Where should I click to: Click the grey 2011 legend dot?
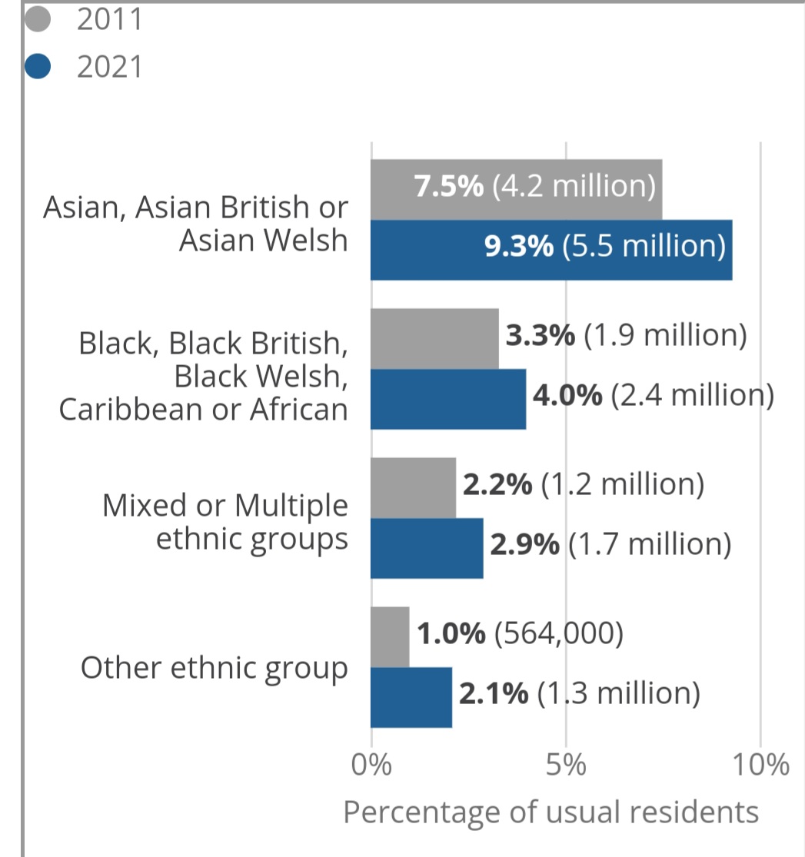point(38,19)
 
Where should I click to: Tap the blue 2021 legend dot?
point(38,66)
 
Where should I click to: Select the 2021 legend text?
point(109,67)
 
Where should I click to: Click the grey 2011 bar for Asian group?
point(516,190)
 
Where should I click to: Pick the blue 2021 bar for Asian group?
point(551,250)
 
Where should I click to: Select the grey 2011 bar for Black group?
point(434,339)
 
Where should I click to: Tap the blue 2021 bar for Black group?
point(448,399)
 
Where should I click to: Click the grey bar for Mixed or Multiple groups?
point(414,488)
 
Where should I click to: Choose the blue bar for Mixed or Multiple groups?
point(427,548)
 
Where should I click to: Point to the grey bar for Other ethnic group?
point(390,637)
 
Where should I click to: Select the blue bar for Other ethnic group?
point(411,697)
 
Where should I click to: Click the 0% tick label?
point(371,765)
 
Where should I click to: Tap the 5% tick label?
point(566,765)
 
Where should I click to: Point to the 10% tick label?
point(760,765)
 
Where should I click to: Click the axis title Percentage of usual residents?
point(551,812)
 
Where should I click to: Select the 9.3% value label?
point(519,246)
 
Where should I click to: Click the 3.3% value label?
point(541,335)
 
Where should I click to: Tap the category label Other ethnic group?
point(215,669)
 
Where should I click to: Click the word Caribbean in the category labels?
point(131,410)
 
